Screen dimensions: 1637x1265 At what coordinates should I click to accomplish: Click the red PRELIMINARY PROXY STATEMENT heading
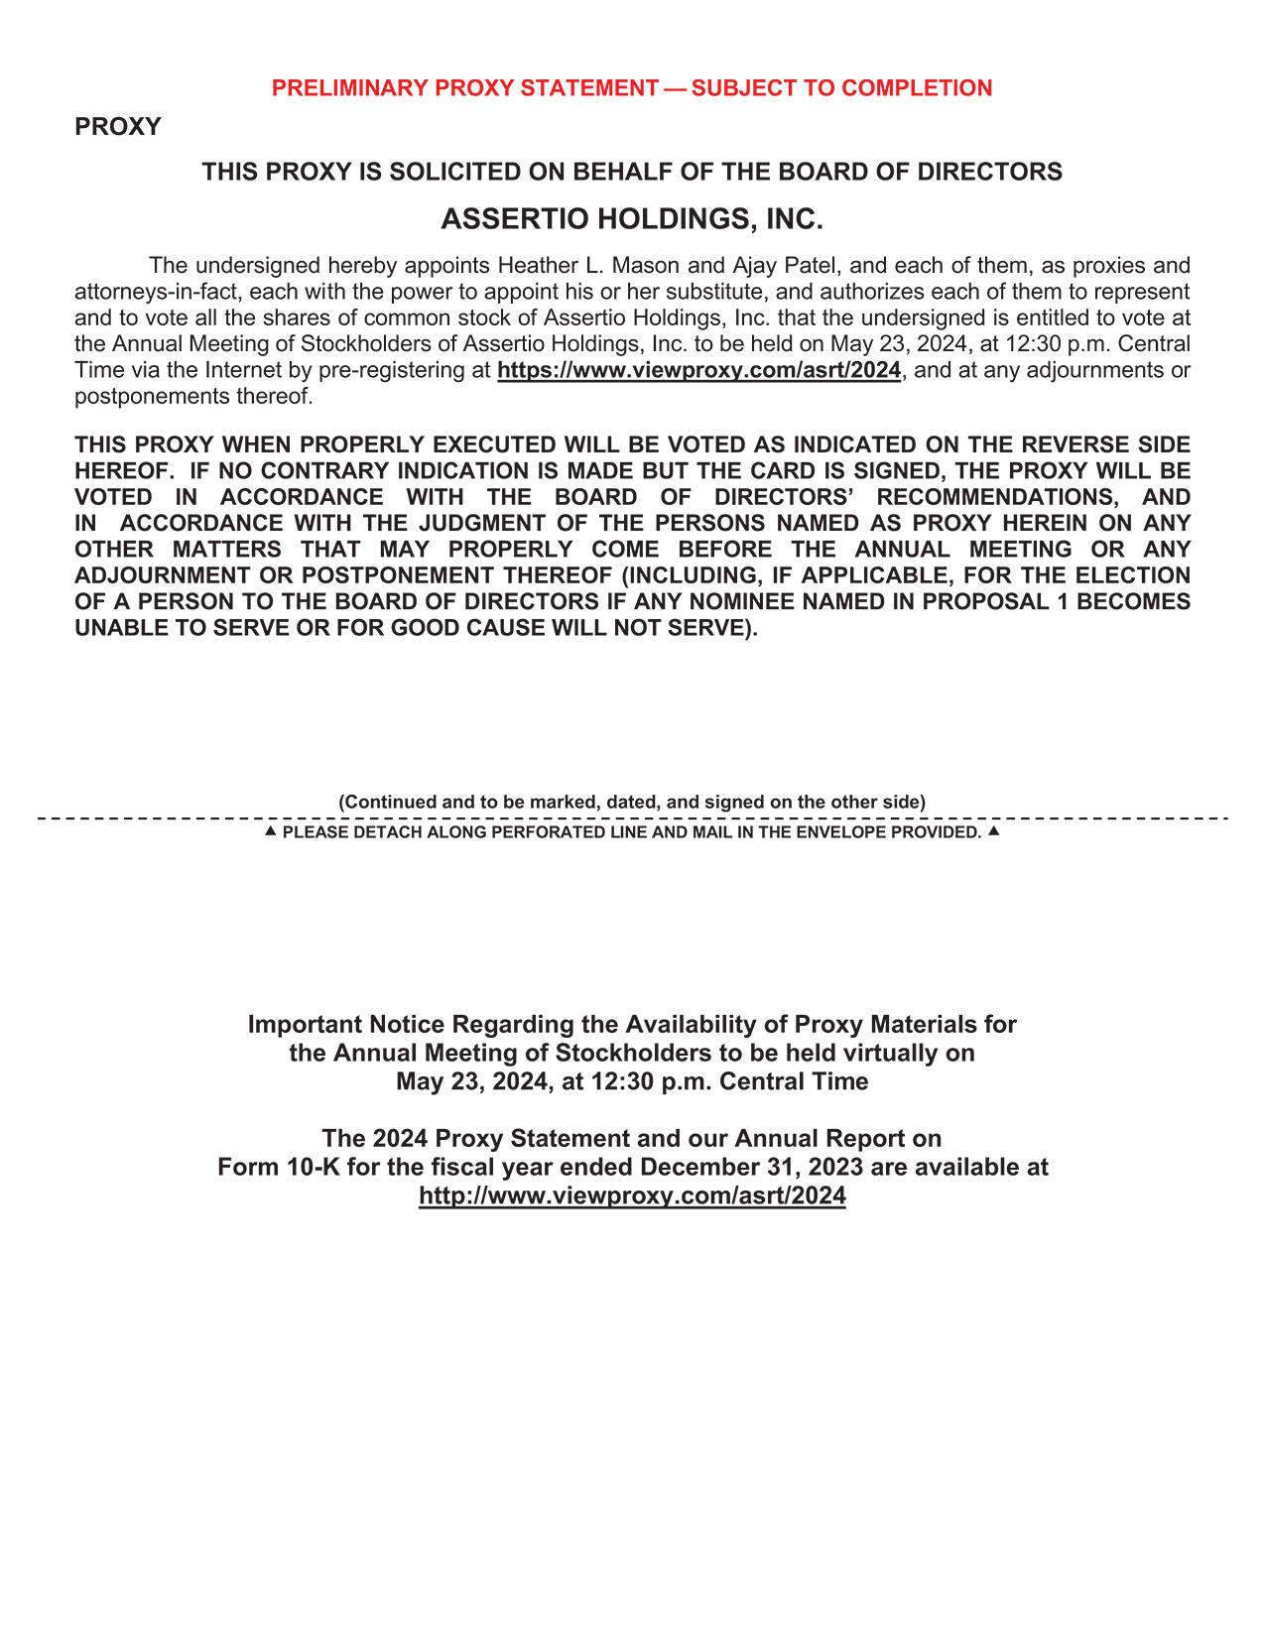(631, 88)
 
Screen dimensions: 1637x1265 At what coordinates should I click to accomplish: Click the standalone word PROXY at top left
(117, 127)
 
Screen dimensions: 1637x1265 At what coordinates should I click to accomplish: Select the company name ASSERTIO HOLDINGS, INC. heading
(632, 219)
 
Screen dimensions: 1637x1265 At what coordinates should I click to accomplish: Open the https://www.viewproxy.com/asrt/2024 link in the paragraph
(698, 370)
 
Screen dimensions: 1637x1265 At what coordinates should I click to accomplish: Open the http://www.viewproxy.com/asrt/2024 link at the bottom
(632, 1196)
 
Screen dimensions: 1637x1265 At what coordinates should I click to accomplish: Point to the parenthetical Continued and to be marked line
(632, 802)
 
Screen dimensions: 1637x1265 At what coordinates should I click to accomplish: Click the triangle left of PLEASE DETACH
(270, 830)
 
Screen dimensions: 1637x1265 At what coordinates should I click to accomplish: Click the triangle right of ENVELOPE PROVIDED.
(994, 830)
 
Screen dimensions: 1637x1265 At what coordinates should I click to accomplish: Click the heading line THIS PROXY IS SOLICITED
(632, 173)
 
